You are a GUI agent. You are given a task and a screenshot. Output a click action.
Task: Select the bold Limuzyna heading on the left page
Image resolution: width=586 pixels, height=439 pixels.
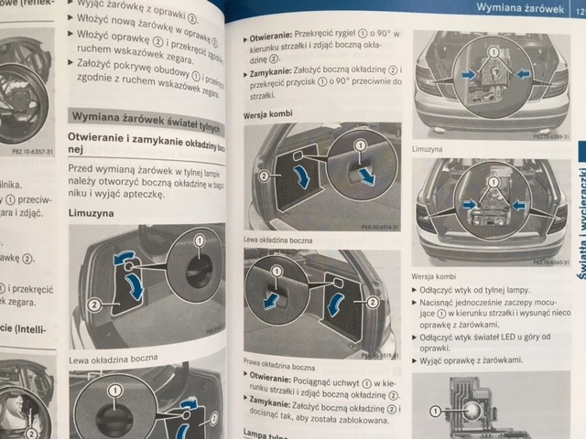(92, 212)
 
